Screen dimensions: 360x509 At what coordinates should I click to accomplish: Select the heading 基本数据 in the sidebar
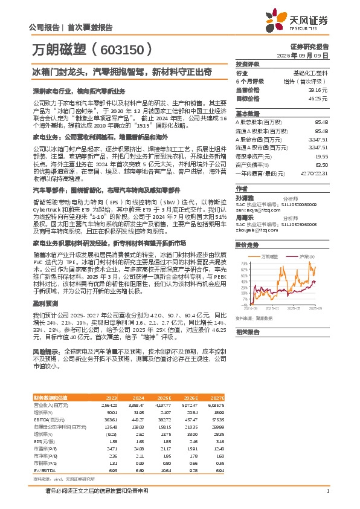coord(247,113)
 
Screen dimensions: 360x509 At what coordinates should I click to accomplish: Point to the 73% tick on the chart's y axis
coord(243,264)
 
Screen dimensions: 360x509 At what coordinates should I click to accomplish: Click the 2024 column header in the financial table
coord(140,397)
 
